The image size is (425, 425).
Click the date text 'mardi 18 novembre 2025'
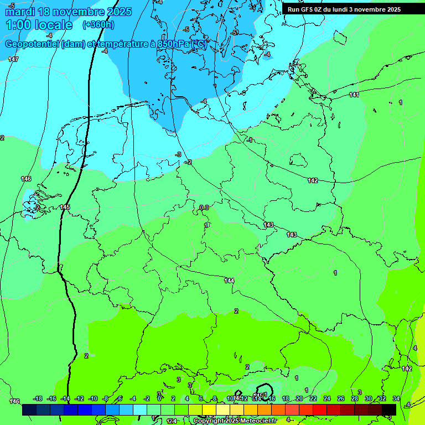[x=69, y=12]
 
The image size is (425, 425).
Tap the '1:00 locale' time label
[x=39, y=25]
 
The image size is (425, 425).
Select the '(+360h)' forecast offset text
[x=98, y=25]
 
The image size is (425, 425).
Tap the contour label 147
[x=13, y=59]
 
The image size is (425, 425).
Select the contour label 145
[x=65, y=207]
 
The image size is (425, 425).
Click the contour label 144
[x=229, y=281]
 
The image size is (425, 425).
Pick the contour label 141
[x=354, y=95]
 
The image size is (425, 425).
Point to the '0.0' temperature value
[x=204, y=208]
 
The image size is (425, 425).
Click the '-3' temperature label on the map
[x=178, y=154]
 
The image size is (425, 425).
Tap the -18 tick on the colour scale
[x=38, y=398]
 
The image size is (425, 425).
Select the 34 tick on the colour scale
[x=396, y=398]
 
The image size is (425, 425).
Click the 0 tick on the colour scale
[x=159, y=398]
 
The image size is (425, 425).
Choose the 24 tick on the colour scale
[x=326, y=398]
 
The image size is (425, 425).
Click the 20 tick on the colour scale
[x=299, y=398]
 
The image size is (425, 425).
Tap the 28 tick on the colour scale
[x=354, y=398]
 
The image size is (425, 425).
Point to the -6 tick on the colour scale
[x=120, y=398]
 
